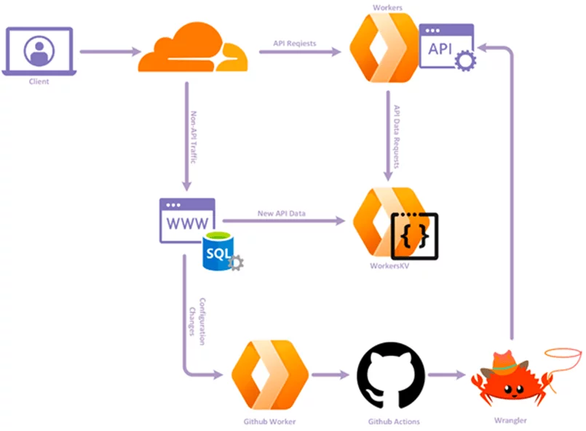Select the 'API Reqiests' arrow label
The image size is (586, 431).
click(x=295, y=44)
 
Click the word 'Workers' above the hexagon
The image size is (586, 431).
click(x=387, y=7)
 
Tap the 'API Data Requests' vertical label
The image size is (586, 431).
click(x=397, y=137)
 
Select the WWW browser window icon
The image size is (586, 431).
click(x=187, y=219)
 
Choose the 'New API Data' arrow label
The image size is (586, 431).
click(x=282, y=214)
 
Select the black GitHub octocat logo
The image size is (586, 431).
click(x=390, y=375)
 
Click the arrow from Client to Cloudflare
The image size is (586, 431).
click(x=109, y=52)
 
